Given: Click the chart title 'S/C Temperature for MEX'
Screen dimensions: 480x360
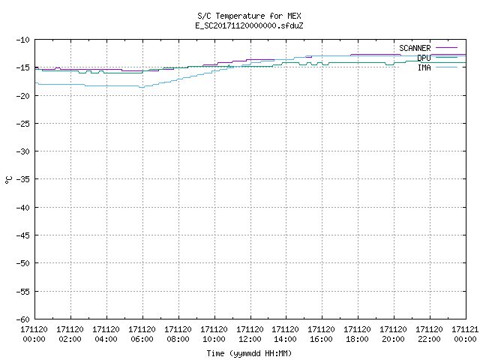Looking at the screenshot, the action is click(249, 16).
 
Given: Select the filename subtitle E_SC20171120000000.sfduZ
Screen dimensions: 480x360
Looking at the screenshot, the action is click(249, 25).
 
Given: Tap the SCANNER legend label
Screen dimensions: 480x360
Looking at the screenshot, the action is click(415, 48).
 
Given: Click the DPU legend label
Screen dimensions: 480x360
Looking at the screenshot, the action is click(424, 58).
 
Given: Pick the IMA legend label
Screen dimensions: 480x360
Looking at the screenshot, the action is click(424, 67).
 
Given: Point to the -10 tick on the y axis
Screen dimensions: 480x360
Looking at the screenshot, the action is click(23, 40).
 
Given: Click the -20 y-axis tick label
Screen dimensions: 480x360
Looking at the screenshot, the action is click(23, 96).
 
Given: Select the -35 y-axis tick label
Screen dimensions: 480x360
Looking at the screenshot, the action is click(23, 179).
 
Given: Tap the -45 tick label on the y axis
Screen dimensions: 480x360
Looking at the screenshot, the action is click(23, 235).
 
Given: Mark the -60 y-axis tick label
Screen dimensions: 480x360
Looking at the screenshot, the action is click(23, 319).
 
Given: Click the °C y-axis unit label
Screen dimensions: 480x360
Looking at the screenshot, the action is click(8, 180).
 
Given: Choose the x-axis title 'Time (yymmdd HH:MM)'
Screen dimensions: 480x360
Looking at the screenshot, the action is click(249, 353).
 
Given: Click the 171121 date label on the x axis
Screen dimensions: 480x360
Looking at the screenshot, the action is click(465, 329).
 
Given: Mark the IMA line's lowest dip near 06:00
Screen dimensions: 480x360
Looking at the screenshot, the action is click(142, 88).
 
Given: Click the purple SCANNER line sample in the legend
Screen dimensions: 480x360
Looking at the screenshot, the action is click(446, 48).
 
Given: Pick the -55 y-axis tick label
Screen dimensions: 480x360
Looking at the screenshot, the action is click(23, 292).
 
